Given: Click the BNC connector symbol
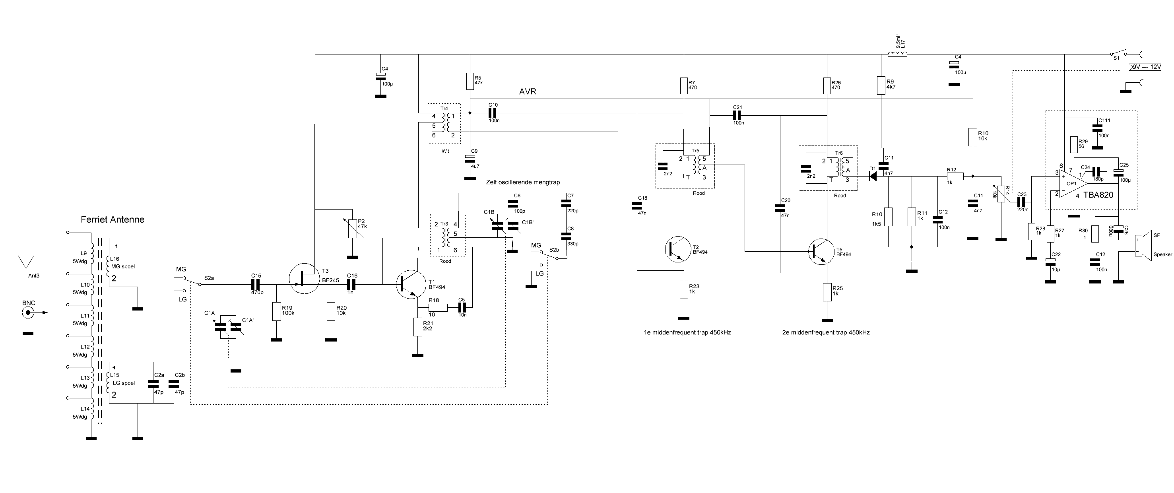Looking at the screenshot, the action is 28,312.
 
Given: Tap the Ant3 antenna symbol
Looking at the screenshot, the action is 26,272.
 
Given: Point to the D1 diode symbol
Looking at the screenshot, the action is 873,177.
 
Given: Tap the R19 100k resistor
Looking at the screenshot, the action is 276,311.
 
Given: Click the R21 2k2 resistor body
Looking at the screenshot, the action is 417,327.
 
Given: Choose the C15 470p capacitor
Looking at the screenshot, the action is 256,284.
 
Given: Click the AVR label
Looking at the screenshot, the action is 527,91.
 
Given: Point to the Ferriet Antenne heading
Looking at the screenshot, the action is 113,219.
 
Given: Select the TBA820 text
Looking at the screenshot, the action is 1098,195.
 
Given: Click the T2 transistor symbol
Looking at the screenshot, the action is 679,249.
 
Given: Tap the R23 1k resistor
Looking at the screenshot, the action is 684,290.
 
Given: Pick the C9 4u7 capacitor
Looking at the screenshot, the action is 470,158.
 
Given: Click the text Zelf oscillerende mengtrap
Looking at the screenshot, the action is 523,182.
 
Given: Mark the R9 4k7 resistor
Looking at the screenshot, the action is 881,85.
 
